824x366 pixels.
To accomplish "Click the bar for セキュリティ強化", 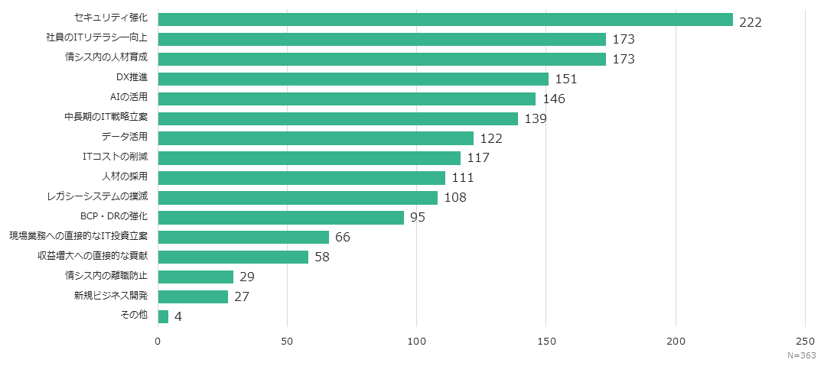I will (x=445, y=20).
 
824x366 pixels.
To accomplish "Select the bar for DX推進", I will (x=353, y=79).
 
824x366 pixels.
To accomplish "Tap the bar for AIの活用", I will (x=347, y=99).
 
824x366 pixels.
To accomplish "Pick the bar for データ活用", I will (x=315, y=138).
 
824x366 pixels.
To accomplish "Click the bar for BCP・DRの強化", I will (x=281, y=218).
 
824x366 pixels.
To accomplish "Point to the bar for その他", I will (x=163, y=316).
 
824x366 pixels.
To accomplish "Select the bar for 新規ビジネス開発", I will (x=193, y=296).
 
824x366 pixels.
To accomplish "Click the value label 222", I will (x=751, y=22).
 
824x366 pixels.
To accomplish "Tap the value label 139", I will (x=536, y=118).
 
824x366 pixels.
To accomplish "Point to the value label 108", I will (x=455, y=198).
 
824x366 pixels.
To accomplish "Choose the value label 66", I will (x=343, y=238).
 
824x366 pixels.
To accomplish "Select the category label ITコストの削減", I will (x=115, y=156).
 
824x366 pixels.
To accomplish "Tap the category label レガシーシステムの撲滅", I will (x=97, y=196).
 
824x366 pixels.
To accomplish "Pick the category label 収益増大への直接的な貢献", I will (x=93, y=255).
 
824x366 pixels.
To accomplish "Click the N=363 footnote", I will (x=802, y=356).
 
